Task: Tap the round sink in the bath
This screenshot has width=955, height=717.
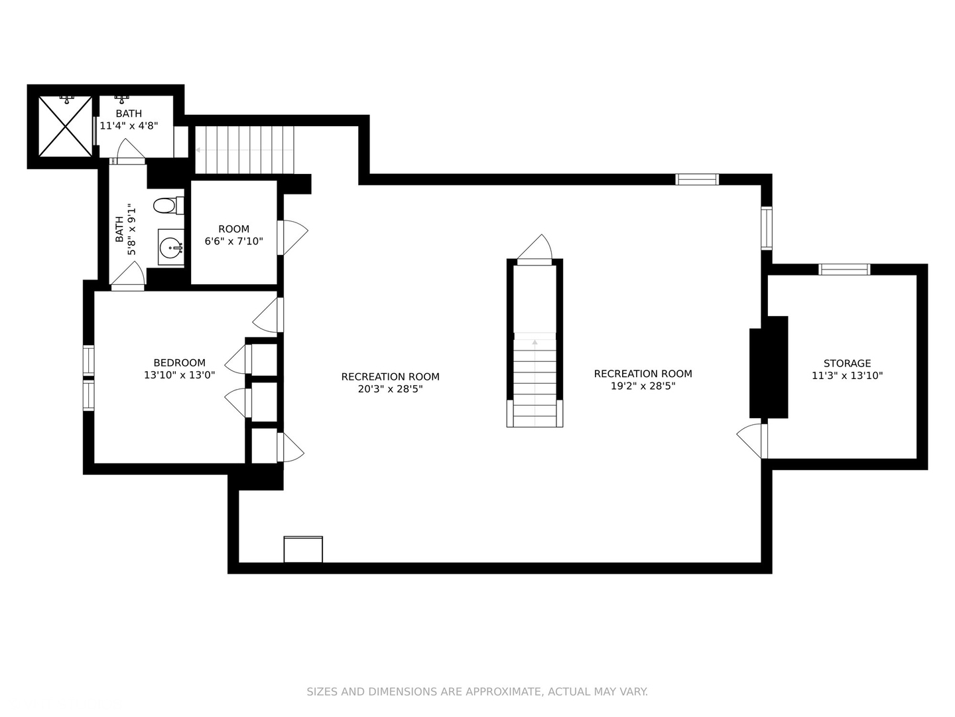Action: coord(171,248)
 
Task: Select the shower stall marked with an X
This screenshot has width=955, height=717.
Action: coord(65,127)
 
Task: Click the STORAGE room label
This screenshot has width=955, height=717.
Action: coord(847,363)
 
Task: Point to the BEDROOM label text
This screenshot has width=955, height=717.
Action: coord(179,362)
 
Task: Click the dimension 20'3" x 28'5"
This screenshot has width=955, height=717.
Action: coord(390,389)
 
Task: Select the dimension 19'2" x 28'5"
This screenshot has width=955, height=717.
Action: coord(643,386)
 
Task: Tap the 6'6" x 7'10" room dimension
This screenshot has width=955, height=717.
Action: coord(233,241)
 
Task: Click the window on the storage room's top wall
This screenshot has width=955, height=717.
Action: coord(844,269)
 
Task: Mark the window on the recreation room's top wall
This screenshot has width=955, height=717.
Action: coord(696,179)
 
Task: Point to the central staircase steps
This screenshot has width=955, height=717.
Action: coord(535,382)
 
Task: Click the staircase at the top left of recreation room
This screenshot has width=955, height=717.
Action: coord(245,149)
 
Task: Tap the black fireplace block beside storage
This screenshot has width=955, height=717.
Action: coord(768,367)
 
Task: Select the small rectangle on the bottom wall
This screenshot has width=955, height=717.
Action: coord(303,549)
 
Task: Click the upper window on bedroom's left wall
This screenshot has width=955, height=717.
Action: coord(88,360)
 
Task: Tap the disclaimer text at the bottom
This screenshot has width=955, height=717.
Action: coord(477,692)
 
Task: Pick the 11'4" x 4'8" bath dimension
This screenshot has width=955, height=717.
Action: coord(129,125)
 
